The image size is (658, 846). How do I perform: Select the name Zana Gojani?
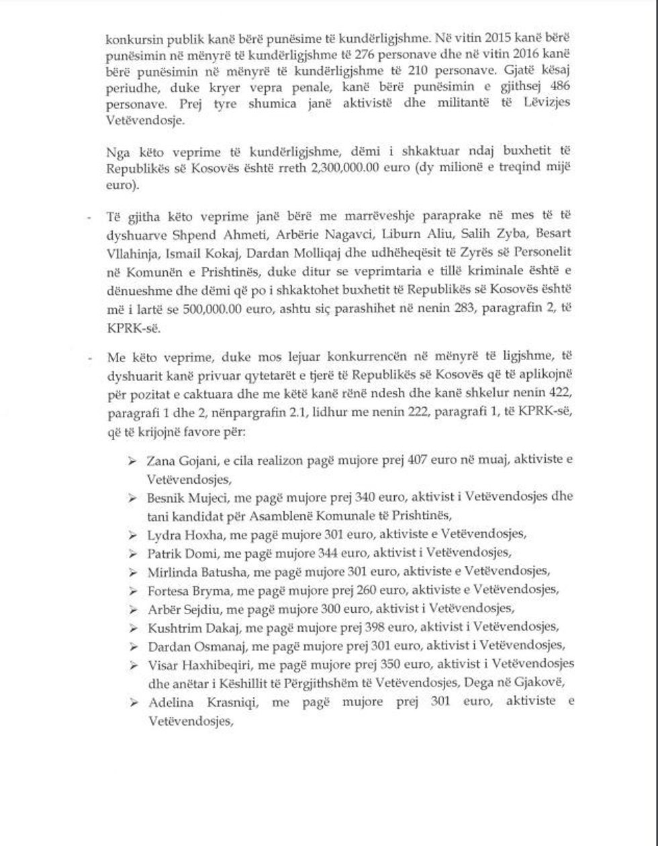[x=179, y=461]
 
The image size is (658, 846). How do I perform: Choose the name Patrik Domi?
[x=176, y=553]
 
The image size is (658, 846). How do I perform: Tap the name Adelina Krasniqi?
[x=191, y=702]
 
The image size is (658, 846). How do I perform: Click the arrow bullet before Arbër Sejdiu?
[x=134, y=609]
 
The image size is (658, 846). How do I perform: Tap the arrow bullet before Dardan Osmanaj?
[x=134, y=646]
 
